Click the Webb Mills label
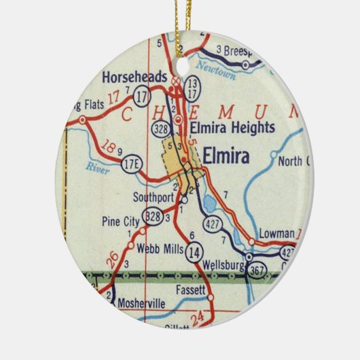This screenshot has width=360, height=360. click(158, 249)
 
